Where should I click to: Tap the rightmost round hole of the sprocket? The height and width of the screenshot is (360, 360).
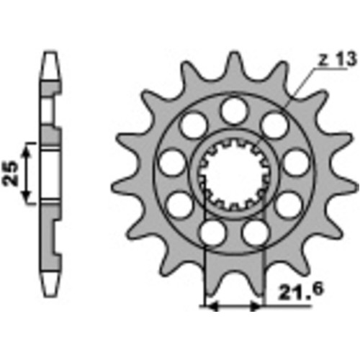[x=294, y=163]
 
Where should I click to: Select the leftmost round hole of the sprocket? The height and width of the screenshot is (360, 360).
[x=171, y=163]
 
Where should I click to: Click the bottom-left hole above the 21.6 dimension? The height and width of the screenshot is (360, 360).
[x=212, y=232]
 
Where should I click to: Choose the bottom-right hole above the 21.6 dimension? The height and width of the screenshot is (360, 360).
[x=255, y=232]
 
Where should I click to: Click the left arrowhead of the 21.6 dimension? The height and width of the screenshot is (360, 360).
[x=211, y=306]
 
